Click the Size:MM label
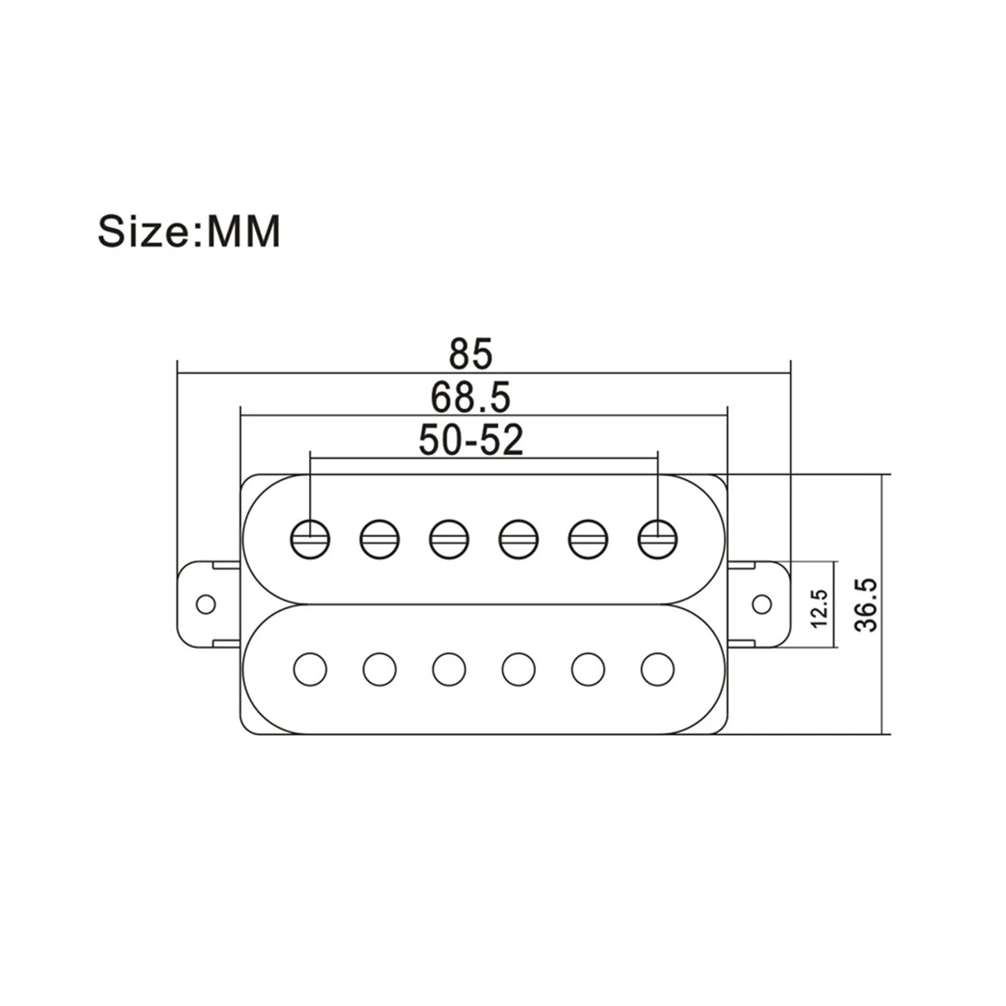point(189,230)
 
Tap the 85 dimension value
point(471,354)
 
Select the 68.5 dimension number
point(471,398)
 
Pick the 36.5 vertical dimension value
point(867,605)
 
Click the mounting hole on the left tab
point(205,604)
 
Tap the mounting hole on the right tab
point(762,604)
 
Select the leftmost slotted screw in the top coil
point(310,540)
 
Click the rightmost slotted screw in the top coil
point(658,540)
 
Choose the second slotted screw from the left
point(379,540)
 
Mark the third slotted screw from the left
point(449,540)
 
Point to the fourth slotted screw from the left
point(519,540)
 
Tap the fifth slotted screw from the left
point(588,540)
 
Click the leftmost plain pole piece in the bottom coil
point(310,669)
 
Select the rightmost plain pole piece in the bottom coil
point(658,669)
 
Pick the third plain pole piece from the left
point(449,669)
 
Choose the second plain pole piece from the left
point(379,669)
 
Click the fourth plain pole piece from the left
point(519,669)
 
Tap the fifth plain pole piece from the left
point(588,669)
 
